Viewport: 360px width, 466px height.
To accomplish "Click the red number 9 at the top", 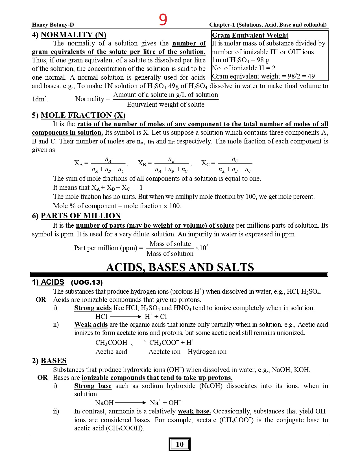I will [x=163, y=20].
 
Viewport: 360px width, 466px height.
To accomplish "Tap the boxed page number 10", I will [x=180, y=444].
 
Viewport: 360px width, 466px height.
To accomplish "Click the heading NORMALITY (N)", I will [x=73, y=35].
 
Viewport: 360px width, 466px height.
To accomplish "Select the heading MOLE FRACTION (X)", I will [x=83, y=115].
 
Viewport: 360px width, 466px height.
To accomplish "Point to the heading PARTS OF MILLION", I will [x=80, y=216].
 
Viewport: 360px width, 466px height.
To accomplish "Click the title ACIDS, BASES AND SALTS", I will [x=180, y=267].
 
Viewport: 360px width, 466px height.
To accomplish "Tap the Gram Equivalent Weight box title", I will [x=250, y=35].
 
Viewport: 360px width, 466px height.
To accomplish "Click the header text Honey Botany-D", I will [x=53, y=25].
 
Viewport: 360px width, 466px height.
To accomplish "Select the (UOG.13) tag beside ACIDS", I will [x=87, y=282].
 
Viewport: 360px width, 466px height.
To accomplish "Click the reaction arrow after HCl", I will [x=125, y=317].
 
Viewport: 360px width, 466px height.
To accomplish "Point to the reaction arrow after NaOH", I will [x=130, y=403].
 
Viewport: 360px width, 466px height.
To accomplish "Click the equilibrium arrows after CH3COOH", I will [x=138, y=343].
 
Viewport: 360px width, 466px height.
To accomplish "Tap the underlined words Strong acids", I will [x=93, y=308].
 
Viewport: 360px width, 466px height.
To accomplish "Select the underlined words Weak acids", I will [x=91, y=325].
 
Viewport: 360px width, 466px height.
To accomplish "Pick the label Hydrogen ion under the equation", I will [x=207, y=352].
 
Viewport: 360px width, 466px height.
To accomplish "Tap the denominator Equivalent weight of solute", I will [x=165, y=104].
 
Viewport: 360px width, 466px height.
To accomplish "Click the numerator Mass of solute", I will [x=170, y=244].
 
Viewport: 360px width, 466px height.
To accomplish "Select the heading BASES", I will [x=54, y=361].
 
